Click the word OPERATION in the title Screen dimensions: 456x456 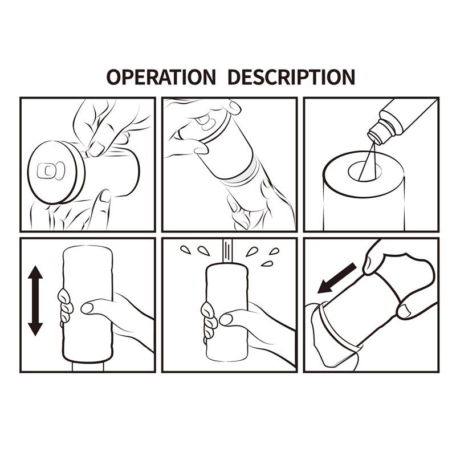click(161, 76)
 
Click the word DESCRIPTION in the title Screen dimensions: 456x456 click(291, 76)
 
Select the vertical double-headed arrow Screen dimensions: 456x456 click(35, 302)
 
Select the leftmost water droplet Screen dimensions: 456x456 click(185, 249)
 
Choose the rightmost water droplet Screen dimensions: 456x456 click(274, 251)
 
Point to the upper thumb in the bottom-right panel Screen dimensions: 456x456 click(374, 259)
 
